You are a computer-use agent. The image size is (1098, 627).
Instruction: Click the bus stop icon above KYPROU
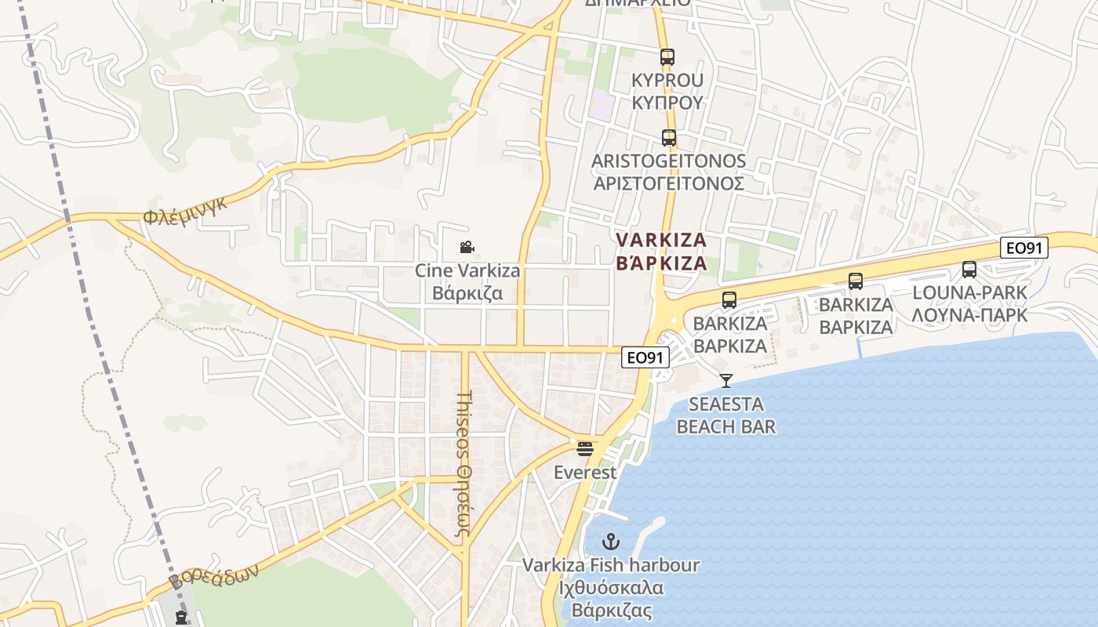click(667, 57)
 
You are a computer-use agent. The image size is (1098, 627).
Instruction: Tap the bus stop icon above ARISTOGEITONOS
click(668, 138)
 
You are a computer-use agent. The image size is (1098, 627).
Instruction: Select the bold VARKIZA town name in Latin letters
click(661, 240)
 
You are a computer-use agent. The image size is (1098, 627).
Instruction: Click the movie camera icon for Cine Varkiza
click(467, 248)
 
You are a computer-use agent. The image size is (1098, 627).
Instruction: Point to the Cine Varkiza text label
click(467, 271)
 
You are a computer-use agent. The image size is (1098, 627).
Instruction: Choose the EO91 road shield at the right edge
click(1024, 248)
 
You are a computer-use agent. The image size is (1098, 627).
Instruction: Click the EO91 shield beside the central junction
click(646, 357)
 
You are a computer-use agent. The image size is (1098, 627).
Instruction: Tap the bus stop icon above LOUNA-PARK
click(969, 270)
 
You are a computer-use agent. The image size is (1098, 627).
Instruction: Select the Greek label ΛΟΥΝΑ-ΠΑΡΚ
click(969, 315)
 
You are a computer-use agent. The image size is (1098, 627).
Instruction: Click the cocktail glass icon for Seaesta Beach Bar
click(726, 381)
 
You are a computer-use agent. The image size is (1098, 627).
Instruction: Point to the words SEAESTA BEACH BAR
click(726, 415)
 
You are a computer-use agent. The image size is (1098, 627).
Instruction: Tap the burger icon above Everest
click(585, 449)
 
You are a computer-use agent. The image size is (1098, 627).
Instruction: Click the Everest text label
click(585, 473)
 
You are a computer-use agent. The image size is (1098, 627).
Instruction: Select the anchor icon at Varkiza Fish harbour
click(610, 542)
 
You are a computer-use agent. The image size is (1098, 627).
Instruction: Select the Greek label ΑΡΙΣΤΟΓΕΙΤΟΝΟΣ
click(668, 183)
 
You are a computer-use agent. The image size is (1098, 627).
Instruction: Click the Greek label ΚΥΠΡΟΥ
click(667, 103)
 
